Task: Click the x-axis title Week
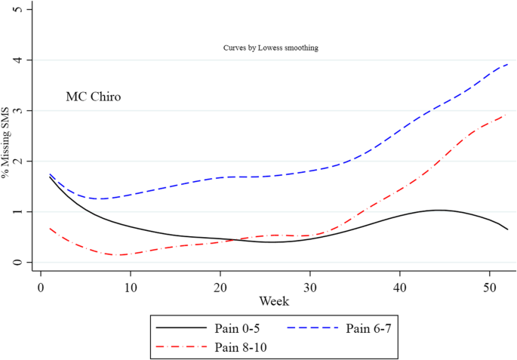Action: click(x=273, y=301)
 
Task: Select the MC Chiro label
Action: click(x=94, y=97)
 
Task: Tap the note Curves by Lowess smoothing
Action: click(x=270, y=48)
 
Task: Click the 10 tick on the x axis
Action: click(x=131, y=287)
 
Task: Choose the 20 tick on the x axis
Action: click(x=220, y=287)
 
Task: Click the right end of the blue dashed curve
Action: click(x=507, y=64)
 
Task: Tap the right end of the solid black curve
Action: click(x=507, y=229)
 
